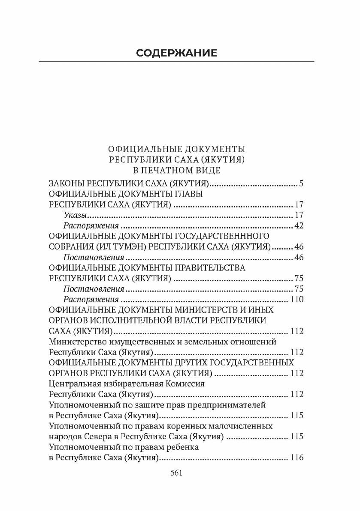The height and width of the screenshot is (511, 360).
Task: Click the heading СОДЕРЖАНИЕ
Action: click(176, 53)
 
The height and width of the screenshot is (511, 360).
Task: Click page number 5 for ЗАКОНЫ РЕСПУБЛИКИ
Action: click(301, 184)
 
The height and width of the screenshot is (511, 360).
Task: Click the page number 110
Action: click(297, 300)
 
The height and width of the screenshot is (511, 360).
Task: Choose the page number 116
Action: click(297, 457)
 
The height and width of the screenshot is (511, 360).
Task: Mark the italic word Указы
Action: click(75, 216)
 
